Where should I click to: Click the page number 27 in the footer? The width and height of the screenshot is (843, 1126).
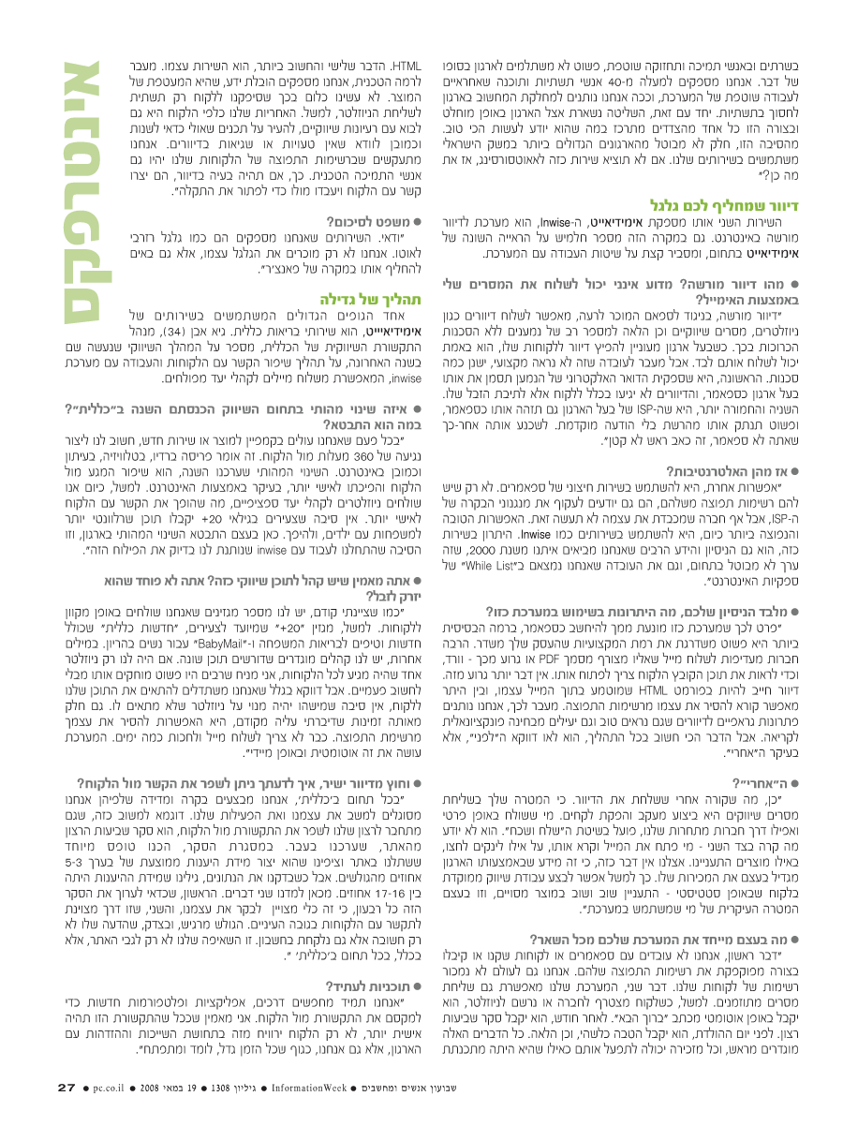pyautogui.click(x=66, y=1088)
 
